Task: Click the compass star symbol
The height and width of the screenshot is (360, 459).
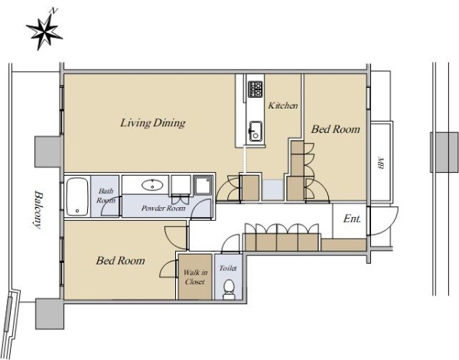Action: [x=44, y=32]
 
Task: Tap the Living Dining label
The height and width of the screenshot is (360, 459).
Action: [x=153, y=123]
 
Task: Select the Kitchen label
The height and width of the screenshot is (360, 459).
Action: [x=283, y=105]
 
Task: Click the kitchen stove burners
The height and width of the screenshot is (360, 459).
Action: [x=256, y=89]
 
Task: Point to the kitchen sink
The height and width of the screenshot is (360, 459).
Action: [x=256, y=131]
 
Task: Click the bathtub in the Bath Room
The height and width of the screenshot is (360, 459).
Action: [x=77, y=196]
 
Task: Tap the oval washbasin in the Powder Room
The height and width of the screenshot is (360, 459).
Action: [x=152, y=185]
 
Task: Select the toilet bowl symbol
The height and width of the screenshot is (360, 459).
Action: [x=229, y=289]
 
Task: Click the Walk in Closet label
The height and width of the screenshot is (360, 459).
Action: [x=195, y=277]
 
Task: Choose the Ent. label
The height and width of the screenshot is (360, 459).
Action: [x=352, y=219]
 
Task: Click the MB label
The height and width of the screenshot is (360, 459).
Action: [x=380, y=163]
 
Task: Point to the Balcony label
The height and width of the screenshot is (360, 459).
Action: [x=37, y=209]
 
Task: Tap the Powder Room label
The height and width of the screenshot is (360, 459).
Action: [x=164, y=208]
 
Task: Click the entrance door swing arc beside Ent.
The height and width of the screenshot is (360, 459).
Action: [x=390, y=226]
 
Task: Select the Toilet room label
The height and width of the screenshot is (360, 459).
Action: [x=228, y=268]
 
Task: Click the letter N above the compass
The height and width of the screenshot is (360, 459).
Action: [x=54, y=11]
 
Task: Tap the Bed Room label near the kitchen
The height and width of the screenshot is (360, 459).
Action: [x=336, y=129]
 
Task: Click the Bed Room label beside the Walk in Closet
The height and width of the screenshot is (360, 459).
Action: [x=120, y=261]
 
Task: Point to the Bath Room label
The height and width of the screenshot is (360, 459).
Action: [x=106, y=196]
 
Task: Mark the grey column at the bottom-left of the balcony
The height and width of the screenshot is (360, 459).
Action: [x=50, y=313]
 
